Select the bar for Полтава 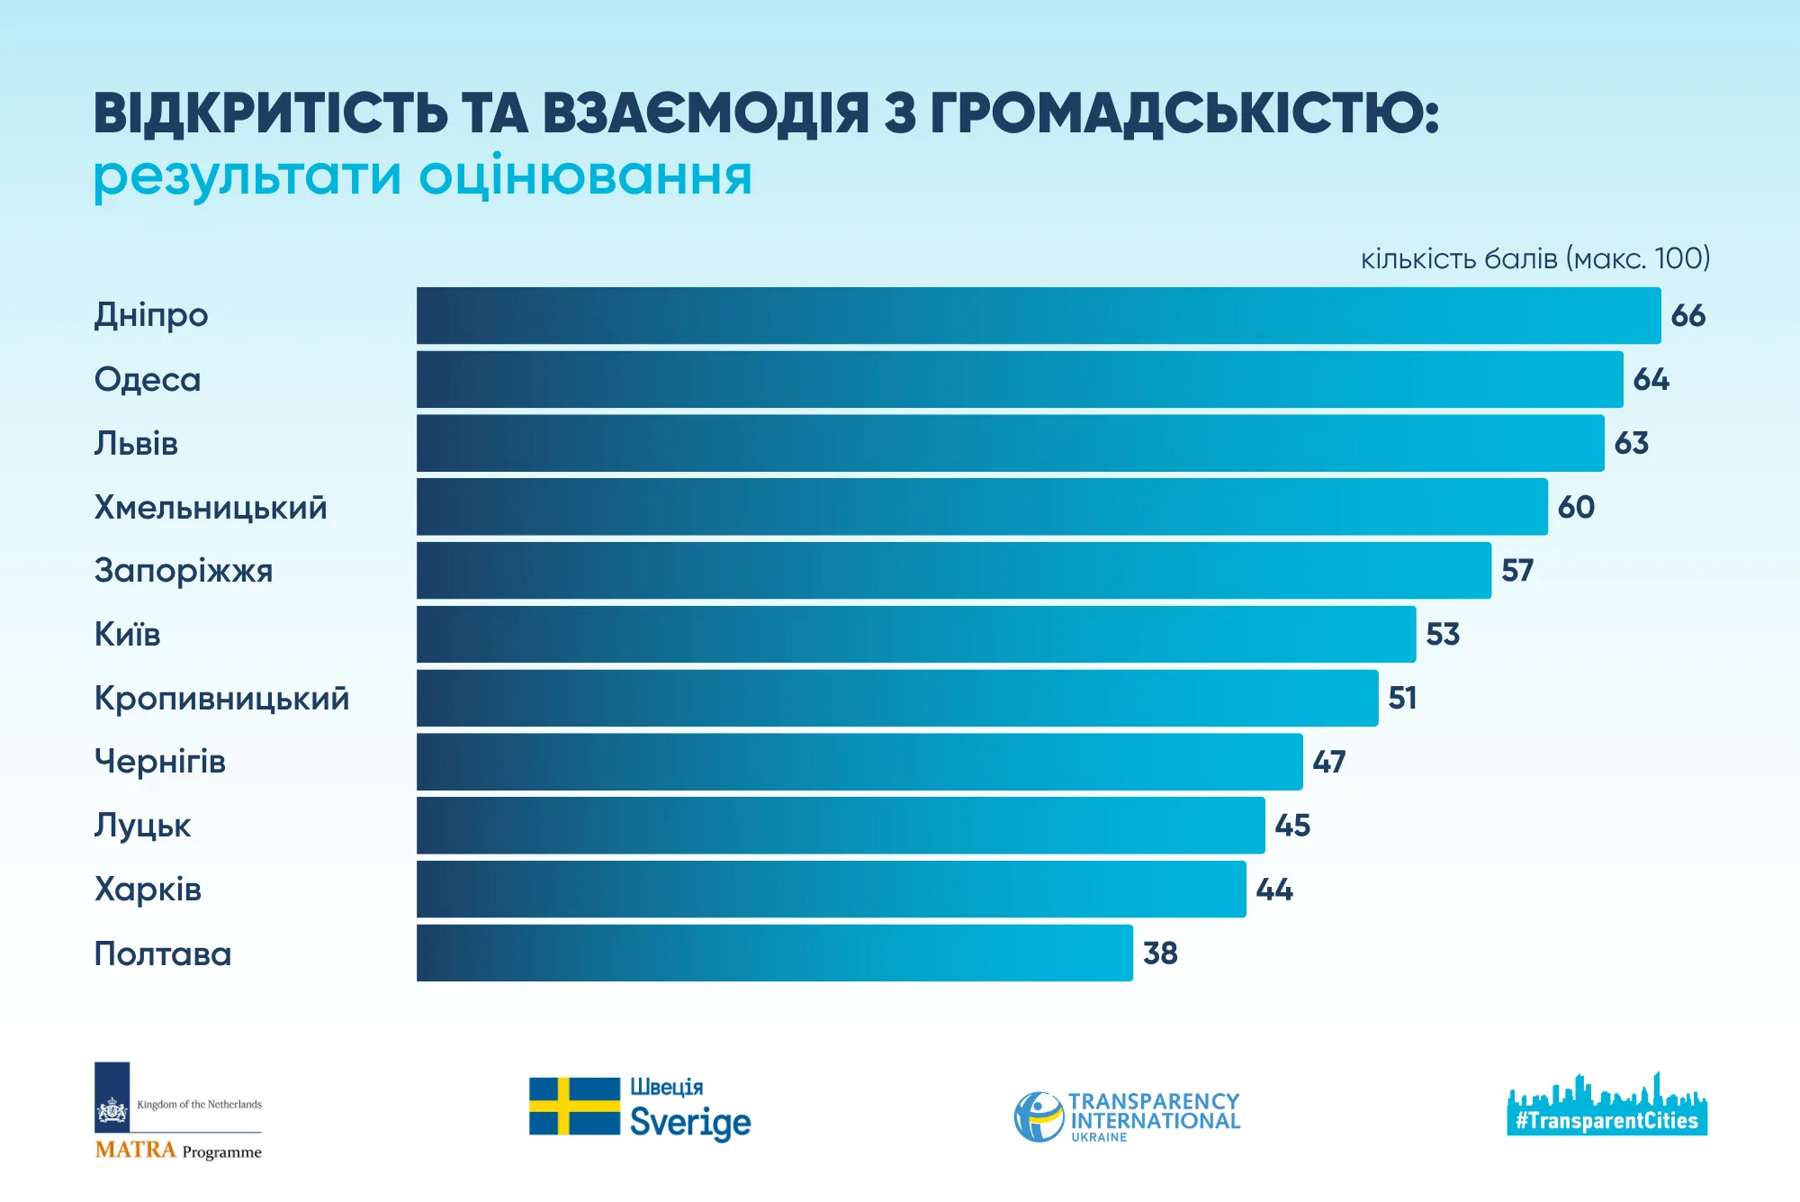point(774,953)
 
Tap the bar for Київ point(915,635)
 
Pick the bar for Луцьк point(840,826)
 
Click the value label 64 point(1651,380)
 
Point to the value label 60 point(1576,508)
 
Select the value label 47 point(1328,763)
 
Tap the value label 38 point(1160,953)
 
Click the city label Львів point(136,444)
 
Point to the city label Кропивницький point(221,699)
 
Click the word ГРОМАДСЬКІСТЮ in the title point(1183,114)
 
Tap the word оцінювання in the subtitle point(585,176)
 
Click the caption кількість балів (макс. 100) point(1534,259)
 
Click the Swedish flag point(574,1107)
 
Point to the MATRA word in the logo point(135,1151)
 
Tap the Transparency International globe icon point(1039,1117)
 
